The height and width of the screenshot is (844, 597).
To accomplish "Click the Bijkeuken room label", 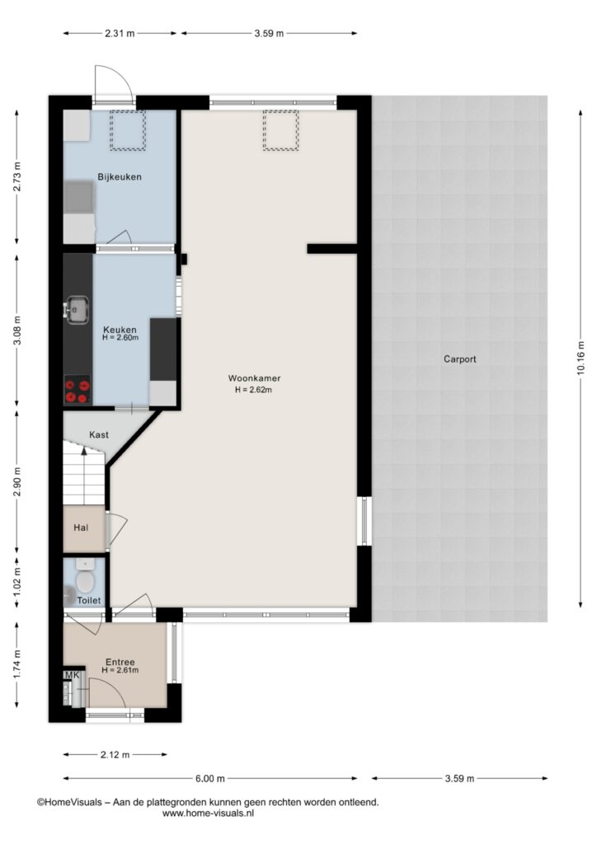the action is click(120, 176).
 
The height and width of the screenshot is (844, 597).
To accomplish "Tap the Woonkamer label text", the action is click(254, 378).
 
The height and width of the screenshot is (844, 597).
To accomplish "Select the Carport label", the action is click(460, 359).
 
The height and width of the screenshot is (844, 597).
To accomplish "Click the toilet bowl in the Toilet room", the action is click(84, 578).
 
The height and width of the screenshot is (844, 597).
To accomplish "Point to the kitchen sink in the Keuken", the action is click(78, 309).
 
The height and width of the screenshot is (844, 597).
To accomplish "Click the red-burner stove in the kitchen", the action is click(77, 390).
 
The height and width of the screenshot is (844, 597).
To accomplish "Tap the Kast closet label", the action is click(99, 434).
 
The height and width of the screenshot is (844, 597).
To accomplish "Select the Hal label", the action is click(82, 527).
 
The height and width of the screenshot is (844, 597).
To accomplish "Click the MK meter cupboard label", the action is click(72, 675).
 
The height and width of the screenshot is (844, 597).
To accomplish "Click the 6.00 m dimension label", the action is click(210, 778).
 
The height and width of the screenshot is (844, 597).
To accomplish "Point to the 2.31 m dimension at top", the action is click(120, 33).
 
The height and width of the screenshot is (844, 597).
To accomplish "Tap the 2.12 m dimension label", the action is click(115, 755).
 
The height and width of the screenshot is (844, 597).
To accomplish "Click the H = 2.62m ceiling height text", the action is click(253, 390).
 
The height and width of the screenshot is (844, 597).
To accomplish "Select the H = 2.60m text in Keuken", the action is click(120, 337).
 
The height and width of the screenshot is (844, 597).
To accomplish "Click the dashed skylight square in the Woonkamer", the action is click(280, 130).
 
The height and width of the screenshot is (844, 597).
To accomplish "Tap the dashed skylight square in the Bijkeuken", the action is click(128, 130).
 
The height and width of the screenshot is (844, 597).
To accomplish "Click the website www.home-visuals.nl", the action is click(208, 814).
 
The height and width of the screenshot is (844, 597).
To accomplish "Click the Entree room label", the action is click(120, 662).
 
